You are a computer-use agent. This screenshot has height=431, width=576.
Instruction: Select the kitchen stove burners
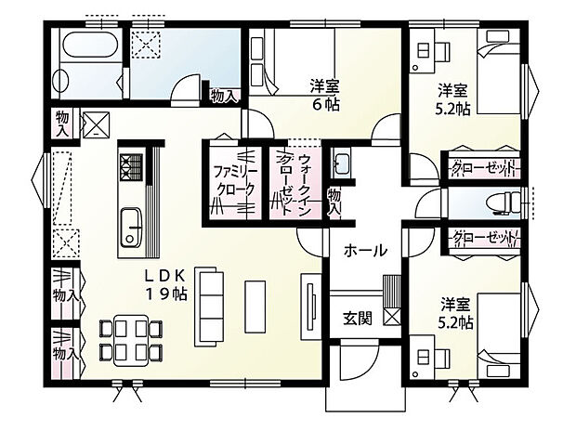tap(128, 166)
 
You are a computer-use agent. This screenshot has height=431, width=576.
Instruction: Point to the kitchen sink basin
tap(128, 226)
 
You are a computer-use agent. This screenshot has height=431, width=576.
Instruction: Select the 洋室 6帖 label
tap(325, 96)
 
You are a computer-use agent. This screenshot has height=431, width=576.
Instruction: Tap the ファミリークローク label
tap(233, 179)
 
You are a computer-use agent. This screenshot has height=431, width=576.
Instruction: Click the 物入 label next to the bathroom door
tap(224, 95)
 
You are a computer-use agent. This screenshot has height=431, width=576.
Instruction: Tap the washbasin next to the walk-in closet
tap(340, 165)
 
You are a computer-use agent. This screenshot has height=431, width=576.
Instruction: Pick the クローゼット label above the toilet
tap(483, 168)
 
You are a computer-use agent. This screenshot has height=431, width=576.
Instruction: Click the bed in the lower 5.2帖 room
tap(500, 335)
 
